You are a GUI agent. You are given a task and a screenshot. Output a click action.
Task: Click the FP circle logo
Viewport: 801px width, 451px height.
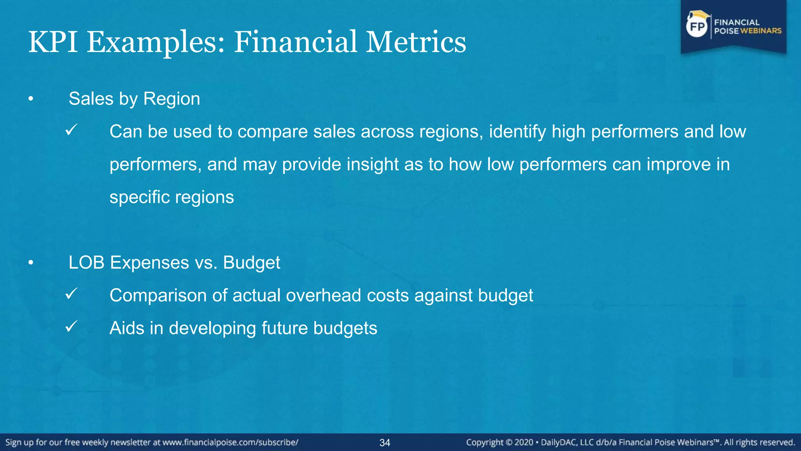pyautogui.click(x=697, y=27)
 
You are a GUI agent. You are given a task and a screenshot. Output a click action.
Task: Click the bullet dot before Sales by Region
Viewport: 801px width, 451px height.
pyautogui.click(x=31, y=99)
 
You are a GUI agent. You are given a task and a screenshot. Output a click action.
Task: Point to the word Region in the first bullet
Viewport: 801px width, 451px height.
pyautogui.click(x=172, y=99)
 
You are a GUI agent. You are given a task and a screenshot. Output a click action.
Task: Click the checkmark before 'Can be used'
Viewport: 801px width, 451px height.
pyautogui.click(x=72, y=130)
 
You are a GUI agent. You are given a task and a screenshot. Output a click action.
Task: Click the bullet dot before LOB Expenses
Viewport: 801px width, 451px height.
pyautogui.click(x=31, y=263)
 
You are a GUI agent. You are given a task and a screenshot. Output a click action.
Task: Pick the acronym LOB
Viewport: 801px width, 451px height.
pyautogui.click(x=86, y=262)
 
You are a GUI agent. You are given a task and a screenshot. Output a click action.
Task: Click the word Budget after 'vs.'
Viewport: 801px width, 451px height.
pyautogui.click(x=251, y=263)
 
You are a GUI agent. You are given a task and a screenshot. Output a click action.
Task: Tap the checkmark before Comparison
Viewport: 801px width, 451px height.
pyautogui.click(x=72, y=294)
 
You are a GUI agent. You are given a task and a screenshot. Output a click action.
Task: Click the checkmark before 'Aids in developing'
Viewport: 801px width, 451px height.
pyautogui.click(x=72, y=327)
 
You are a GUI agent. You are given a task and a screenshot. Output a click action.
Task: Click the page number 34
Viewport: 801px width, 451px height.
pyautogui.click(x=385, y=443)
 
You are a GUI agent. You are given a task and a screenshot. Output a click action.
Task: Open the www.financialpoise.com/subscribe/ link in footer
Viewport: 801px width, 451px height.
pyautogui.click(x=230, y=442)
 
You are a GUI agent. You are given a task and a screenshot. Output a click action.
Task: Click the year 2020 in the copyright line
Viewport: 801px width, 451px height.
pyautogui.click(x=524, y=442)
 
